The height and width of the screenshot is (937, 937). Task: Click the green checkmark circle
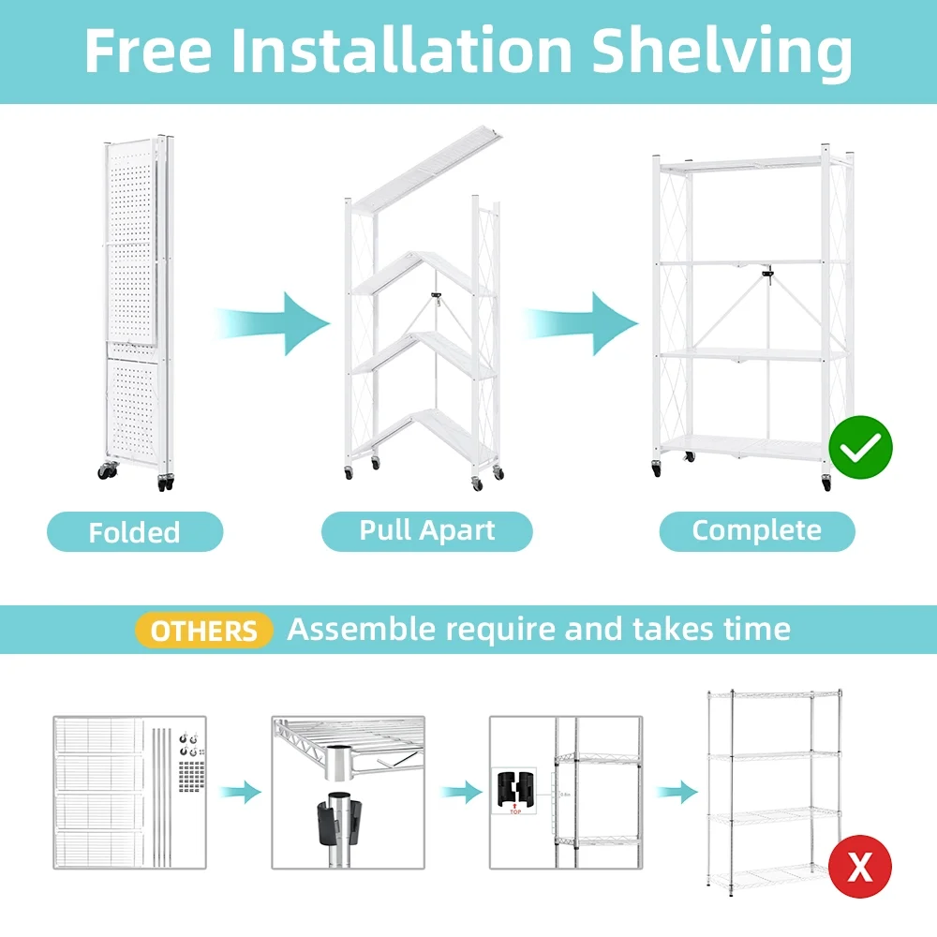[x=860, y=447]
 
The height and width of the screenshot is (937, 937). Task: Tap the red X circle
[x=860, y=866]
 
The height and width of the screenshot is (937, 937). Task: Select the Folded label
[x=134, y=531]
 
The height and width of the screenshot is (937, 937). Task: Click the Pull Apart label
[x=426, y=530]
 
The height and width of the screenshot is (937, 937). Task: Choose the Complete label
[x=757, y=530]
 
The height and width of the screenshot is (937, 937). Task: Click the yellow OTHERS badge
[x=203, y=630]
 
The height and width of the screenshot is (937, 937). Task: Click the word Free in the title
[x=148, y=51]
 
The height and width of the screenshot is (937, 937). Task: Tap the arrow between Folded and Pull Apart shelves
[x=272, y=323]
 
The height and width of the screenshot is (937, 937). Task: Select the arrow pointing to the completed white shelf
[x=581, y=323]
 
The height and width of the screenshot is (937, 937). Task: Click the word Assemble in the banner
[x=361, y=630]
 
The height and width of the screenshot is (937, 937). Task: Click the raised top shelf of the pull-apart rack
[x=425, y=168]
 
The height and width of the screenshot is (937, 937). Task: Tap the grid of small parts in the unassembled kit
[x=191, y=776]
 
